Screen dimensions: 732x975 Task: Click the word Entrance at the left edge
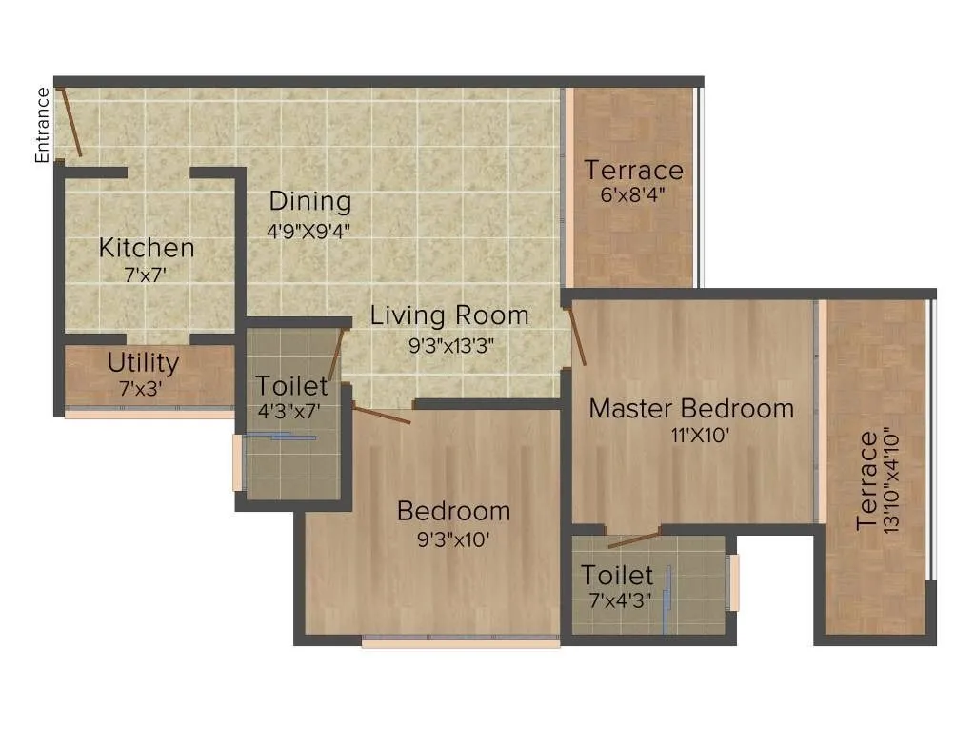click(42, 125)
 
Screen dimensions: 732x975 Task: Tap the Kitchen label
click(147, 248)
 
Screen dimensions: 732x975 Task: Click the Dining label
click(309, 201)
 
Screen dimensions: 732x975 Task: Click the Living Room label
click(449, 315)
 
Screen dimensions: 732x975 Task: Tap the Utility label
click(143, 362)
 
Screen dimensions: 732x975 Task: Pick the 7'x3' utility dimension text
click(143, 387)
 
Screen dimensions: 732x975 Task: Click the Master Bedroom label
click(691, 408)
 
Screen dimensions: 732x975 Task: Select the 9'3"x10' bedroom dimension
click(453, 539)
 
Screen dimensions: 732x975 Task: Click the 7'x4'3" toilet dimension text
click(618, 601)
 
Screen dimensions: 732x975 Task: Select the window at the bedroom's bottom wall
click(461, 642)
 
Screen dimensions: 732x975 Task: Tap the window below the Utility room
click(149, 415)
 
